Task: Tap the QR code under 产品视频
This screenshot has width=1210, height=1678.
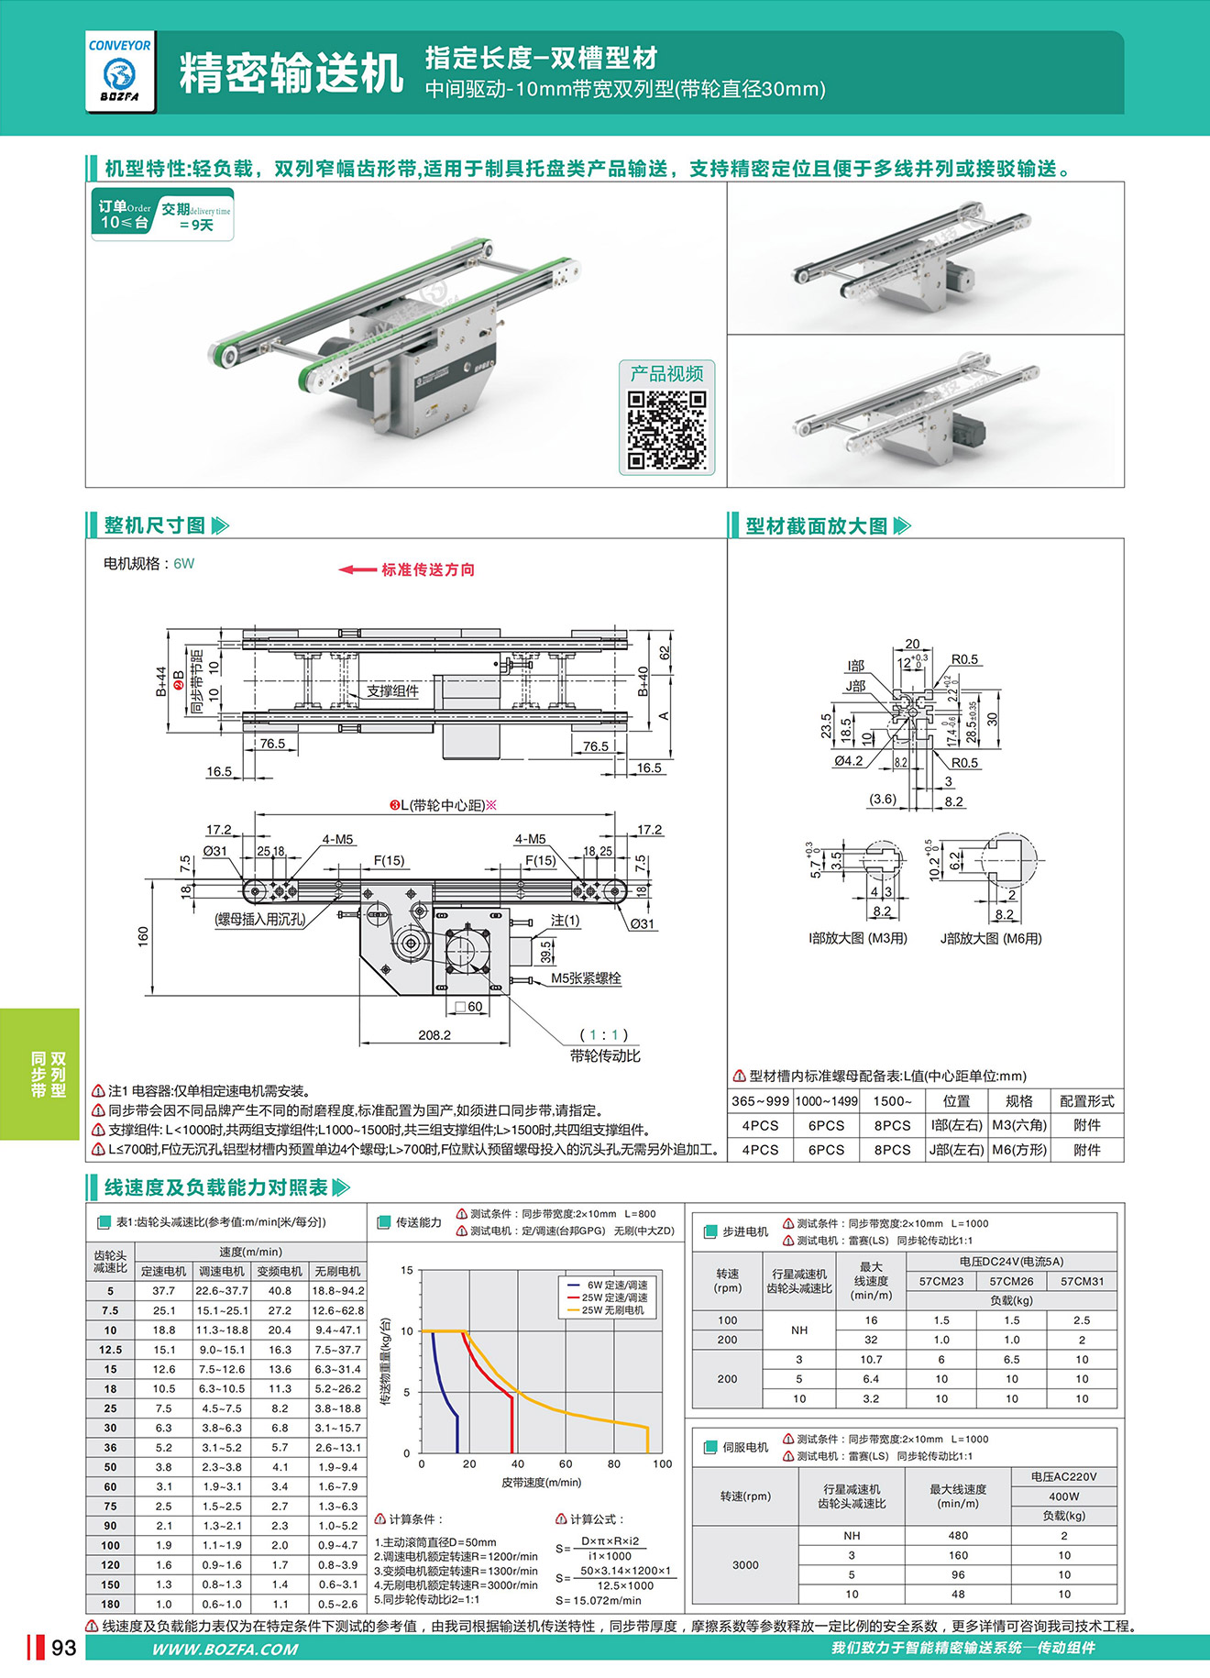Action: point(666,430)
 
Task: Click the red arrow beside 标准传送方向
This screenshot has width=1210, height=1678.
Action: point(357,569)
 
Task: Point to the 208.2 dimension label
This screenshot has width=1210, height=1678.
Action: point(434,1035)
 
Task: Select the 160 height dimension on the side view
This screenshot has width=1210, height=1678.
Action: point(143,936)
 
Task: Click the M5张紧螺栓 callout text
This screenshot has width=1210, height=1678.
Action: point(586,978)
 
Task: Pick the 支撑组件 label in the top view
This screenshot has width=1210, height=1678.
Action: point(392,690)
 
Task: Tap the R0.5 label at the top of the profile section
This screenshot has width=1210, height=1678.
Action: point(964,659)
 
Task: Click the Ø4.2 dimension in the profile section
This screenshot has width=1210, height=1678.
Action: point(848,761)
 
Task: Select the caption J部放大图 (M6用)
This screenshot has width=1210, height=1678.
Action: point(991,938)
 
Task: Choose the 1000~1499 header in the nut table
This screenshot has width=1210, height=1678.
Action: point(826,1101)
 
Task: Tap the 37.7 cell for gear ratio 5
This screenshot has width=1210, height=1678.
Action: point(163,1291)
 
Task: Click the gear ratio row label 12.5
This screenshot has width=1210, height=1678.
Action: point(110,1350)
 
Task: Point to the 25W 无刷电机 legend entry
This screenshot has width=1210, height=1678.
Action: point(612,1310)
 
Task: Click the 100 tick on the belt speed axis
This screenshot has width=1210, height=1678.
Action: point(662,1464)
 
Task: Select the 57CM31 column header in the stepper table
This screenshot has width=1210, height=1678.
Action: point(1082,1281)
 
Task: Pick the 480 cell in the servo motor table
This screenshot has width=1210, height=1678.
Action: point(958,1535)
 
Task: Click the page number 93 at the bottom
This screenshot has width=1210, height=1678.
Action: point(63,1648)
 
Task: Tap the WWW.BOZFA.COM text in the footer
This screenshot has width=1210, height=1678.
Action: point(225,1649)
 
